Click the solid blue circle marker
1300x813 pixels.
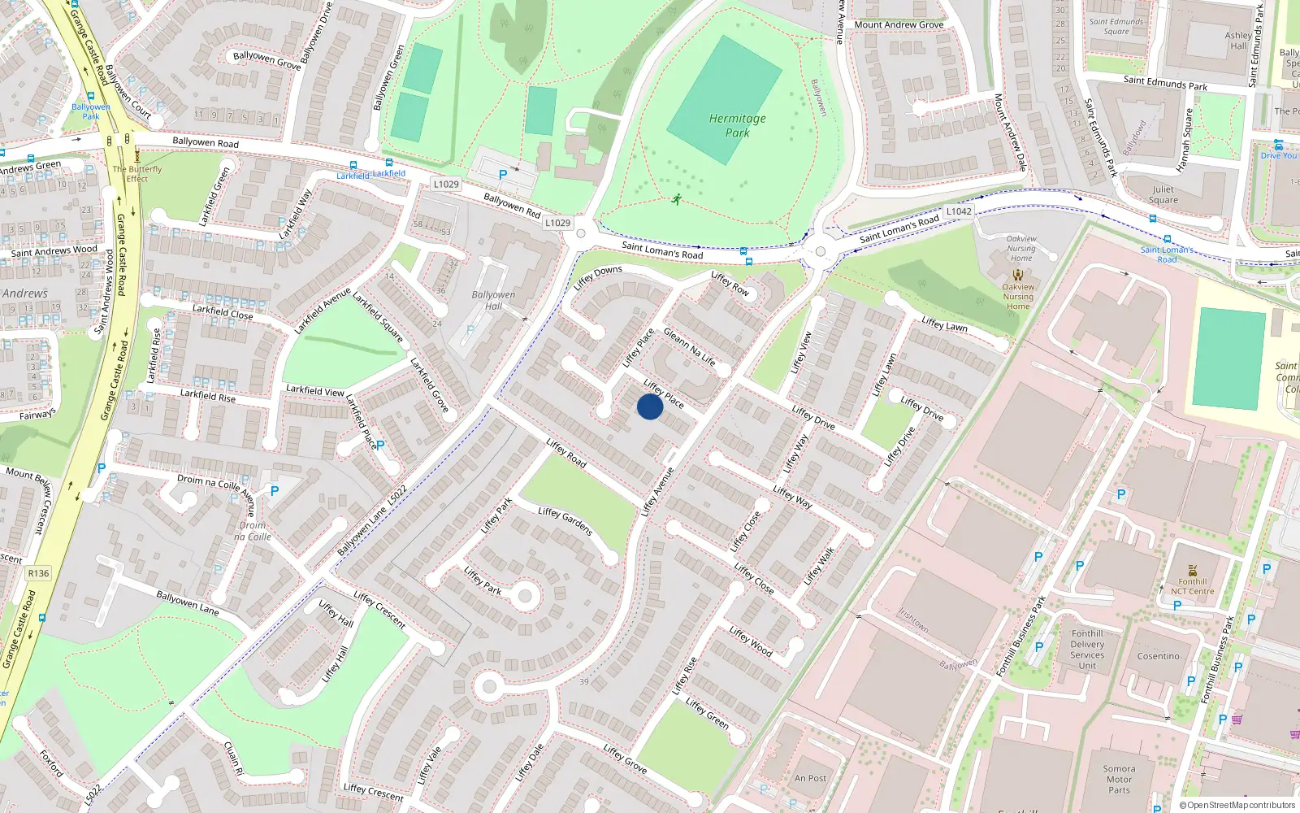tap(649, 406)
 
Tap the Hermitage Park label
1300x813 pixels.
tap(737, 125)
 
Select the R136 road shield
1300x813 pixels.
tap(38, 573)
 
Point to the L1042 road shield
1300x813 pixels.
tap(959, 211)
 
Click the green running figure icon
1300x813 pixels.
tap(676, 199)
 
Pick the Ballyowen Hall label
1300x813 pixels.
tap(493, 300)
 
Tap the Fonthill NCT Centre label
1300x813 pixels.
tap(1192, 586)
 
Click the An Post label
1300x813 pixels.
tap(811, 778)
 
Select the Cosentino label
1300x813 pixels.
tap(1158, 656)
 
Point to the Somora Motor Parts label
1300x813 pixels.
tap(1119, 779)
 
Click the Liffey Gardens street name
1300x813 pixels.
tap(565, 520)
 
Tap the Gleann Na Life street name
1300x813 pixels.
tap(690, 346)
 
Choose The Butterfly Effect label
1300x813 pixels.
tap(137, 174)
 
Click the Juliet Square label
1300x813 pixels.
tap(1163, 194)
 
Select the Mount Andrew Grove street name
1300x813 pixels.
tap(899, 25)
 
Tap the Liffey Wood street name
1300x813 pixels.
tap(750, 641)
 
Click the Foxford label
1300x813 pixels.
tap(51, 763)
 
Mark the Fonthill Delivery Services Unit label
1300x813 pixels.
tap(1087, 650)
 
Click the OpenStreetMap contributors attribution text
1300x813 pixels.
tap(1237, 805)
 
